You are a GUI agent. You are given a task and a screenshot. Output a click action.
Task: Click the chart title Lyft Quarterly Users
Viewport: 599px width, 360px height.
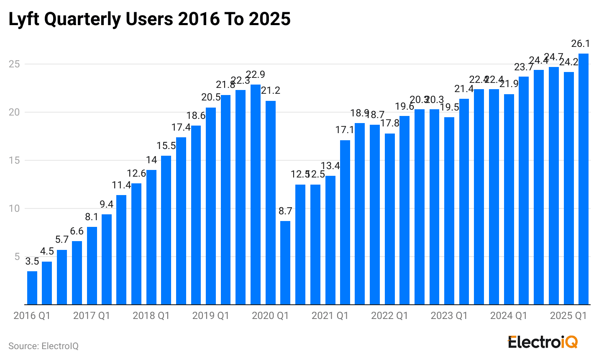point(149,19)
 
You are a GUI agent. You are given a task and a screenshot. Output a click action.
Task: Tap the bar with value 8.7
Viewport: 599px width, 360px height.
point(285,262)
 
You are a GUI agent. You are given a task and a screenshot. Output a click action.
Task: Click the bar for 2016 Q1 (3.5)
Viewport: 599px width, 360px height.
point(32,288)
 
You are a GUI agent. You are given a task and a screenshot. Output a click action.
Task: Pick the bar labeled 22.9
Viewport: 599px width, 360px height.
point(255,194)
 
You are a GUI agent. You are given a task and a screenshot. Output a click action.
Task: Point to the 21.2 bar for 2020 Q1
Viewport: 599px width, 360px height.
point(270,203)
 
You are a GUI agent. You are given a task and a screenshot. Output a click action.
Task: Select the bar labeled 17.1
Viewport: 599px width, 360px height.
point(345,222)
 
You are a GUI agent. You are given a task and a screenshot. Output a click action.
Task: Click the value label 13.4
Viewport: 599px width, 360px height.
point(330,166)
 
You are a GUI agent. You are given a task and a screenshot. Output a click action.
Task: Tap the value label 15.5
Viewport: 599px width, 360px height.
point(166,146)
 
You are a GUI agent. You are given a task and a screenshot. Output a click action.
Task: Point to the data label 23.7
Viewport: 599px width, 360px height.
point(523,67)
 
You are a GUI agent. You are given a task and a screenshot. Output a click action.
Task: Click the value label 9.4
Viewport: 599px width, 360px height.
point(107,205)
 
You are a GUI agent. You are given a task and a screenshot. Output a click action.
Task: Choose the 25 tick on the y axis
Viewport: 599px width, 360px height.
point(15,64)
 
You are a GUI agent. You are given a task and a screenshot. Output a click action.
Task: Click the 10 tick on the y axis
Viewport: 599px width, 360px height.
point(15,208)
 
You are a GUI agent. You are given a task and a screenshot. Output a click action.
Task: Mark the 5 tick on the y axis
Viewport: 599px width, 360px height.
point(17,257)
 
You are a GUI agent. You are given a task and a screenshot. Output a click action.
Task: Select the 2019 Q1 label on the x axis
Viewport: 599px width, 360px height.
point(210,316)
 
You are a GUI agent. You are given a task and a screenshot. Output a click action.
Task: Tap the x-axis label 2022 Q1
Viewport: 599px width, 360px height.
point(389,316)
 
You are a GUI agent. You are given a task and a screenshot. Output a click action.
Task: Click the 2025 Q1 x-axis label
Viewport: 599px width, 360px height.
point(568,316)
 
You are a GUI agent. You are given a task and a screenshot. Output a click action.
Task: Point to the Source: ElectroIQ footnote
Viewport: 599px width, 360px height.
point(44,346)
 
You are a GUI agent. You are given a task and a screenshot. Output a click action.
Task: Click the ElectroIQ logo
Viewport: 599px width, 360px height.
point(543,342)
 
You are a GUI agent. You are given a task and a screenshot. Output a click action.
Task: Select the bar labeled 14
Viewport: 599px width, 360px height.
point(151,237)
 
